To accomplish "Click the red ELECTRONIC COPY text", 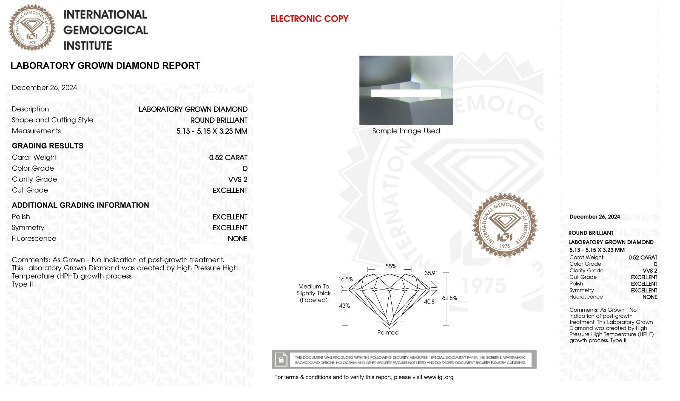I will [x=309, y=19].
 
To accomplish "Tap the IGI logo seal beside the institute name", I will [x=32, y=28].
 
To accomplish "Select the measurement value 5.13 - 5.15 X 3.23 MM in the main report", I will [x=212, y=131].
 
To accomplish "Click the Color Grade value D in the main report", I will [x=245, y=168].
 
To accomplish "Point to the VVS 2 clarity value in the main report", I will [x=238, y=179].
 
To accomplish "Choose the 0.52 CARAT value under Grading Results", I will [x=228, y=157].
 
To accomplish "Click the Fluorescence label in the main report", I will [x=34, y=239].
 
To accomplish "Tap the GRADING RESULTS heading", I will [x=48, y=146].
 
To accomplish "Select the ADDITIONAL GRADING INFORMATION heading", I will [x=80, y=205].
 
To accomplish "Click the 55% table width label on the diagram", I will [x=391, y=266].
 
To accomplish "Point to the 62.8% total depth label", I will [x=449, y=298].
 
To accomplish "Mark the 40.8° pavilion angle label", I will [x=430, y=302].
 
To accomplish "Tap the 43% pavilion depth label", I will [x=345, y=306].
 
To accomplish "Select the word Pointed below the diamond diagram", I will [x=388, y=333].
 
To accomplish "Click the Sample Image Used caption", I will [x=406, y=131].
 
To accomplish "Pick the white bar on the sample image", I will [x=406, y=93].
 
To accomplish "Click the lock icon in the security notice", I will [x=281, y=359].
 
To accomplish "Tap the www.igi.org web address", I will [x=439, y=377].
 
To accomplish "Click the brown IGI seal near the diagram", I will [x=505, y=225].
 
